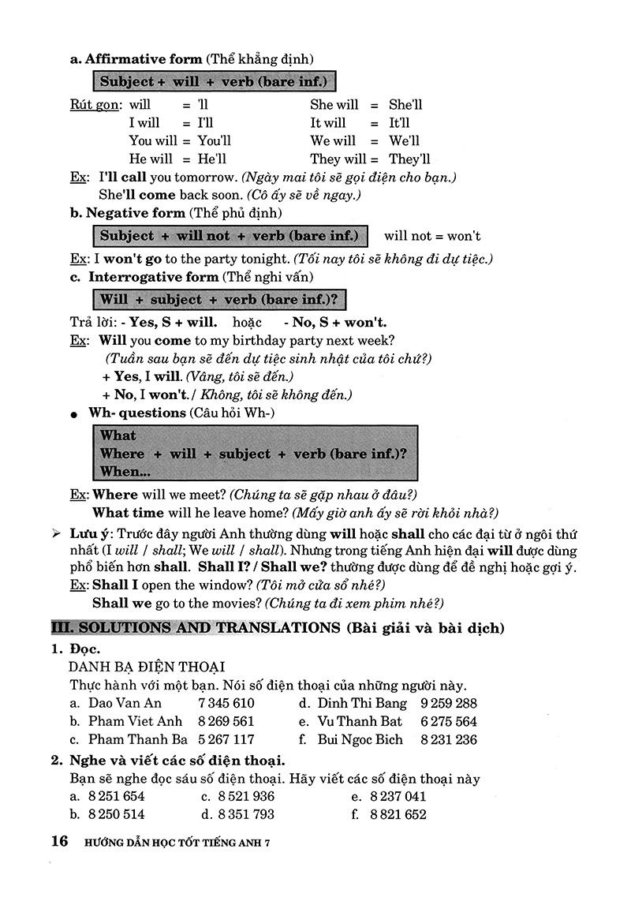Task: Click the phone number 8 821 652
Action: point(398,814)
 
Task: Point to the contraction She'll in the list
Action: point(405,104)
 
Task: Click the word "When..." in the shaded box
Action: point(125,473)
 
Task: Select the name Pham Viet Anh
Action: point(135,721)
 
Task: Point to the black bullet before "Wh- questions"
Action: point(73,414)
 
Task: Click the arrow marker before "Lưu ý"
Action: point(56,533)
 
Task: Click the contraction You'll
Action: point(214,141)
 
